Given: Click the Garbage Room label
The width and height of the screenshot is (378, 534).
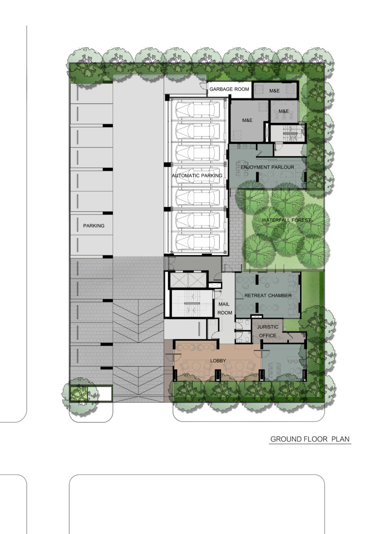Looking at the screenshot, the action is [229, 89].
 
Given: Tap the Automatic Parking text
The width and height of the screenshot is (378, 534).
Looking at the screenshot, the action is [197, 175].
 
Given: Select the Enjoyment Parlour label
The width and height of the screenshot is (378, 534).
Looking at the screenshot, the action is [267, 167].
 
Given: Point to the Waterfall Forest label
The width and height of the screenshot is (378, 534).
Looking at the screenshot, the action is [286, 220].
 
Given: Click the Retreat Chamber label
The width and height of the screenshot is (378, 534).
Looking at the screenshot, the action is [268, 295].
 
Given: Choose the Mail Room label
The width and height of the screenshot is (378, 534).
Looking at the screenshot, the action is [224, 308].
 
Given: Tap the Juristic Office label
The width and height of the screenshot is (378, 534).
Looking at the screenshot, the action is [268, 331].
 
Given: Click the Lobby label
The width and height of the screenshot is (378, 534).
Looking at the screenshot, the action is [218, 361].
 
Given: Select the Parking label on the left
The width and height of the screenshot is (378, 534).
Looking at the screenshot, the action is [94, 226].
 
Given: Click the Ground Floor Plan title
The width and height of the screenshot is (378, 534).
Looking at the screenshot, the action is [310, 439].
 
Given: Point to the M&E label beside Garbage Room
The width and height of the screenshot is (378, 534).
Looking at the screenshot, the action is [274, 91].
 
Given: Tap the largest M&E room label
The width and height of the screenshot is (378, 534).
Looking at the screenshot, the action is [247, 120].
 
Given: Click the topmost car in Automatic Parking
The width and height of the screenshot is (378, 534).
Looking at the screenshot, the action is [198, 109].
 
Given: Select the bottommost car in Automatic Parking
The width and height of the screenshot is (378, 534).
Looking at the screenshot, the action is [198, 242].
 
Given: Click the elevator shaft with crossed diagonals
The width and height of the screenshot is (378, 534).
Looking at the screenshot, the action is [188, 280].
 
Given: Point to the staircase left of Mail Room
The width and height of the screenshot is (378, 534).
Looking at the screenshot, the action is [192, 303].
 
